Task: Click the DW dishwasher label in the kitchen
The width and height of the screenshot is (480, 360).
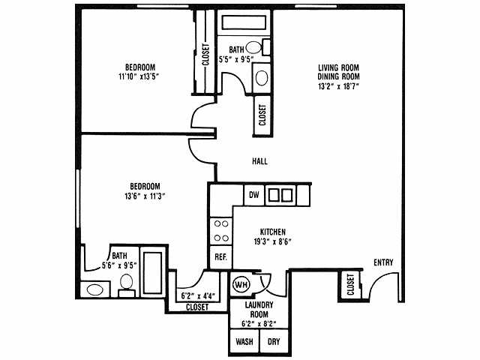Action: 254,195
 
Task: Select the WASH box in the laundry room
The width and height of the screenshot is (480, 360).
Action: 244,340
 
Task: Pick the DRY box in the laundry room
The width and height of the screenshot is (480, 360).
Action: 274,340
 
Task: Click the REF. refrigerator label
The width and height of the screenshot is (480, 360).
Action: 220,257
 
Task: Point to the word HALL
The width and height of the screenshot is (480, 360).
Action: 259,161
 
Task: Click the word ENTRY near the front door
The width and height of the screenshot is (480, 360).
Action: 383,262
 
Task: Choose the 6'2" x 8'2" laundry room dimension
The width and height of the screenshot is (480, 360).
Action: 259,323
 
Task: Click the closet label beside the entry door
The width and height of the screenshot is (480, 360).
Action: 350,285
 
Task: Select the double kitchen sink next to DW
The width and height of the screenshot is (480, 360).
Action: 280,195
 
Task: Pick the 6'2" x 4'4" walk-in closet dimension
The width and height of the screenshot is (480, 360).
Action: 198,295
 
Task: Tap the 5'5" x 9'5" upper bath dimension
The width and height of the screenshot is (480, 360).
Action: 235,59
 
